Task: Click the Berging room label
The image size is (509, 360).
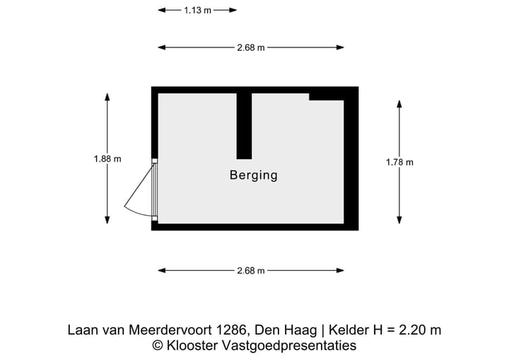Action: [253, 175]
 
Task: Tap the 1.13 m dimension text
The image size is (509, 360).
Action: [197, 11]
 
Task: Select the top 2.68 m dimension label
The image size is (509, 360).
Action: [251, 48]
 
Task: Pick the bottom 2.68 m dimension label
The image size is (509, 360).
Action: [251, 271]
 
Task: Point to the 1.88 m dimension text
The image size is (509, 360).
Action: [107, 159]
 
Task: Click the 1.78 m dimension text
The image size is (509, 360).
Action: [399, 162]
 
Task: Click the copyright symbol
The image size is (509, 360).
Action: [158, 346]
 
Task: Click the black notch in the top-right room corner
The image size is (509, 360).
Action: [327, 95]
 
